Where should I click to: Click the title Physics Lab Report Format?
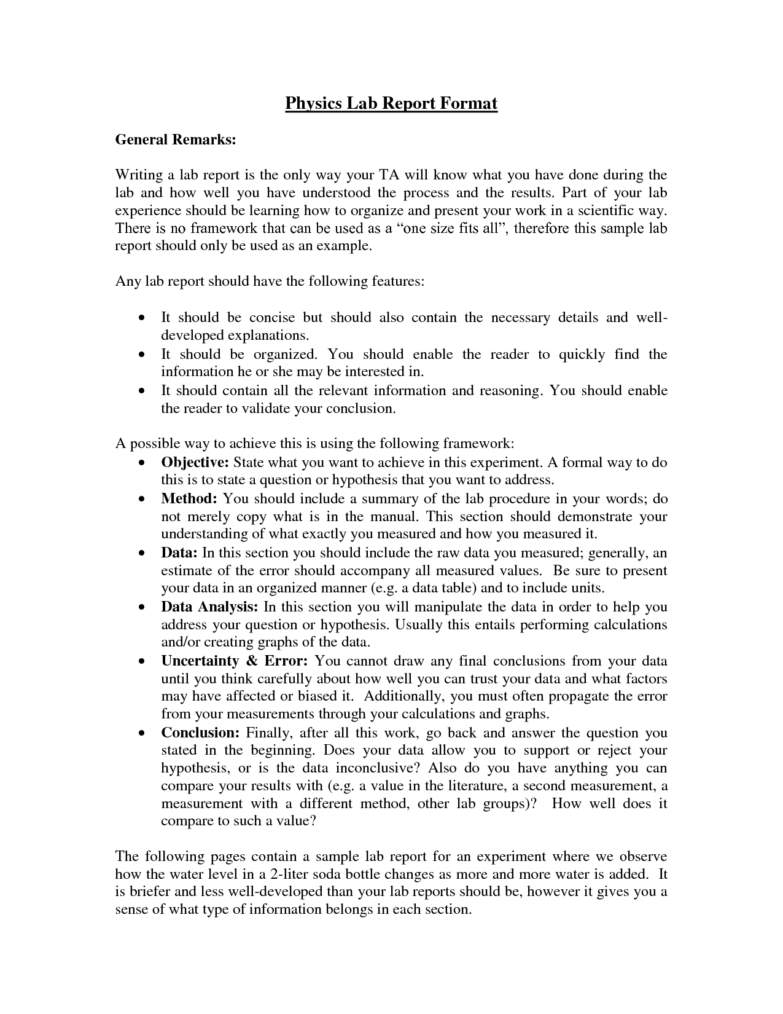[391, 103]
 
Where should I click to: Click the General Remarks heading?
[176, 140]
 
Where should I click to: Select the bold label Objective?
[195, 462]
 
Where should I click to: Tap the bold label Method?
[189, 498]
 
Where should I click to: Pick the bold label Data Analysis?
[209, 607]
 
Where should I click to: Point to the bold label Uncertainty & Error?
[234, 661]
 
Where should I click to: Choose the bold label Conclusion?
[200, 733]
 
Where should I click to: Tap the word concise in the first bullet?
[271, 318]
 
